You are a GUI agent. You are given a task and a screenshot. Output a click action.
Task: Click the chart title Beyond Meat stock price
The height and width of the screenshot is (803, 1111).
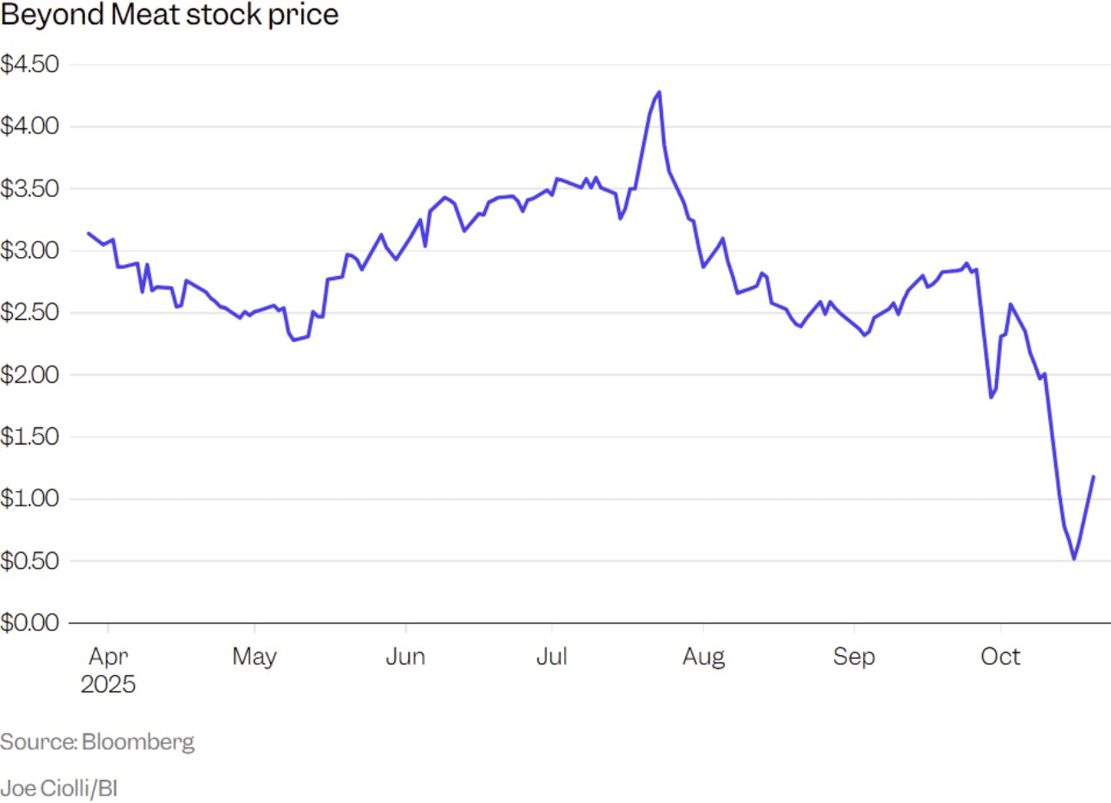pyautogui.click(x=169, y=15)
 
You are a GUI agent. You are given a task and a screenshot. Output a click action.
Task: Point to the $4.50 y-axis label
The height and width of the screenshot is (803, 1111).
pyautogui.click(x=30, y=64)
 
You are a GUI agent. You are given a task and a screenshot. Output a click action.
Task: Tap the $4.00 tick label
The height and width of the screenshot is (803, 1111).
pyautogui.click(x=30, y=126)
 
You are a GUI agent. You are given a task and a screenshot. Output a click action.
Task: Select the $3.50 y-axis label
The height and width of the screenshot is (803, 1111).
pyautogui.click(x=30, y=188)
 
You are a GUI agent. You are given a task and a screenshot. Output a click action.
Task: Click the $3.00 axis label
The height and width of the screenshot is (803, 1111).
pyautogui.click(x=30, y=250)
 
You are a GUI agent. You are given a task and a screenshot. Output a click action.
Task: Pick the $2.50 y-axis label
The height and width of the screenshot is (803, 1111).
pyautogui.click(x=30, y=312)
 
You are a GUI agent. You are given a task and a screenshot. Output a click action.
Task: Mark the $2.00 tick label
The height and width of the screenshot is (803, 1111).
pyautogui.click(x=30, y=374)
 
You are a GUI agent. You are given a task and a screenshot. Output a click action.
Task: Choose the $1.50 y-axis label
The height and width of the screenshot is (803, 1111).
pyautogui.click(x=30, y=436)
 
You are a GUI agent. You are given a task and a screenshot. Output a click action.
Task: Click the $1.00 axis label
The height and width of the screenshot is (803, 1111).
pyautogui.click(x=30, y=498)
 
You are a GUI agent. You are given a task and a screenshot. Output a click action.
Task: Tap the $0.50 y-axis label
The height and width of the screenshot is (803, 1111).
pyautogui.click(x=30, y=561)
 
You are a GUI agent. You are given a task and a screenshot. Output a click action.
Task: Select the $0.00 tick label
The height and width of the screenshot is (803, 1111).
pyautogui.click(x=30, y=622)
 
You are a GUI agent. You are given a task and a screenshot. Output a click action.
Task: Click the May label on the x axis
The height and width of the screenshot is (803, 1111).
pyautogui.click(x=255, y=657)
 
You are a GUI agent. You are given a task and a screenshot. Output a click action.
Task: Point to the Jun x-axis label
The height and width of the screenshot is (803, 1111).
pyautogui.click(x=405, y=657)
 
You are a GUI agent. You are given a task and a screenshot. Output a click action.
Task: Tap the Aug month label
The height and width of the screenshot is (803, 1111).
pyautogui.click(x=703, y=657)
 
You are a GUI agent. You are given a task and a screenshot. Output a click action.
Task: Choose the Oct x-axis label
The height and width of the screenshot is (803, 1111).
pyautogui.click(x=1000, y=657)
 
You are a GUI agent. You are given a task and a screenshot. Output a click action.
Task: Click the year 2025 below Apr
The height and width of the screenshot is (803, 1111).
pyautogui.click(x=108, y=684)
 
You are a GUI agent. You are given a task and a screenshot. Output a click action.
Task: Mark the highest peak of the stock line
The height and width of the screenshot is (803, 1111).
pyautogui.click(x=659, y=92)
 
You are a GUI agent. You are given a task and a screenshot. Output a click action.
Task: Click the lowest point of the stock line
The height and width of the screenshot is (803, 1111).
pyautogui.click(x=1073, y=559)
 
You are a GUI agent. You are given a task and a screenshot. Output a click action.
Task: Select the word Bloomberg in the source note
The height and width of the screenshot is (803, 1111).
pyautogui.click(x=138, y=742)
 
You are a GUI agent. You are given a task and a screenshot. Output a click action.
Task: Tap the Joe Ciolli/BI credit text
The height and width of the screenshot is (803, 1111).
pyautogui.click(x=58, y=788)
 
